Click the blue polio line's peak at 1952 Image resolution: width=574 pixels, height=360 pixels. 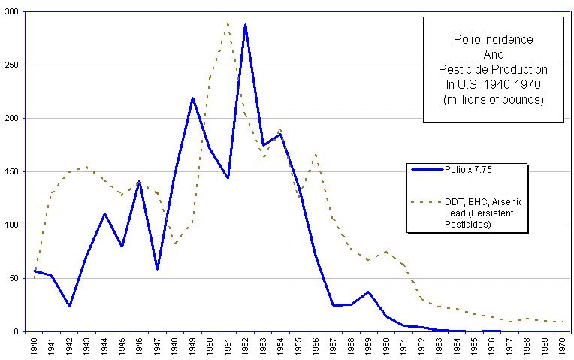click(x=245, y=25)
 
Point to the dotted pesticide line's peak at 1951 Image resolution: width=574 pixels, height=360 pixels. click(x=227, y=23)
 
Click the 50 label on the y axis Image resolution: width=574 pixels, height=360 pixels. click(x=17, y=278)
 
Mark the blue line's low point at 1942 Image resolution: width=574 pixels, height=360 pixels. click(x=70, y=306)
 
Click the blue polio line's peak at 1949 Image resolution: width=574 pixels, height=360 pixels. click(x=192, y=98)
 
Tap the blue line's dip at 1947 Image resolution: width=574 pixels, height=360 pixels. click(x=157, y=269)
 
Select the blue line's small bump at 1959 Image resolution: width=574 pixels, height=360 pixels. click(x=368, y=292)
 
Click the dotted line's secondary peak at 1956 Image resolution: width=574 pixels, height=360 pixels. click(x=315, y=154)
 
